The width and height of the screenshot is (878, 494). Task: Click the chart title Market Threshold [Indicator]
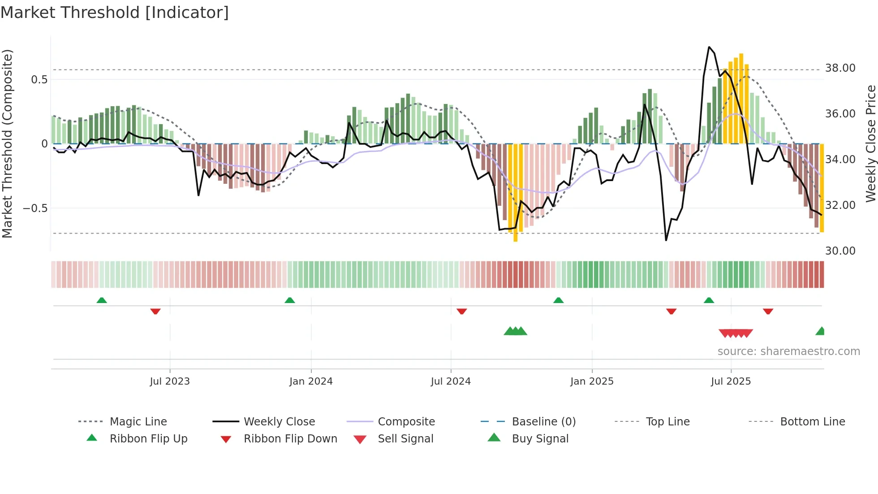(115, 13)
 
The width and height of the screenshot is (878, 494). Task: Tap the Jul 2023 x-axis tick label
(170, 381)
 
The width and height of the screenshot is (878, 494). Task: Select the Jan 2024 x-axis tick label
(311, 381)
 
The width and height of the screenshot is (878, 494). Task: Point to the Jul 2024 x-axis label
(451, 381)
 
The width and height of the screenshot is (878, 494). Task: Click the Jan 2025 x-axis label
(592, 381)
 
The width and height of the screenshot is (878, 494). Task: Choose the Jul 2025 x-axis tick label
(731, 381)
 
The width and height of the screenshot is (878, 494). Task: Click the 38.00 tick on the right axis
(840, 68)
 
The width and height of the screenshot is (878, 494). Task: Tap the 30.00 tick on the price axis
(840, 251)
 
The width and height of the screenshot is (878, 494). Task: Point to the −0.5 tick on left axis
(35, 208)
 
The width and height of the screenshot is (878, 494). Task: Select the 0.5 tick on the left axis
(39, 80)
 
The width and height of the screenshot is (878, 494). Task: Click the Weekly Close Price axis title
(870, 143)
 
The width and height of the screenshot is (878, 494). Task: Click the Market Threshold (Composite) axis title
(7, 143)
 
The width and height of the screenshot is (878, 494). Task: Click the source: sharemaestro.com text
(788, 351)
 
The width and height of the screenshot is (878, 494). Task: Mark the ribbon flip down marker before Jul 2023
(155, 311)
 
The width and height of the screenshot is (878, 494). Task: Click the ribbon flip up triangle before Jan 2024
(290, 300)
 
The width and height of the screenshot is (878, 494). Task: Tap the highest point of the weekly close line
(709, 47)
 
